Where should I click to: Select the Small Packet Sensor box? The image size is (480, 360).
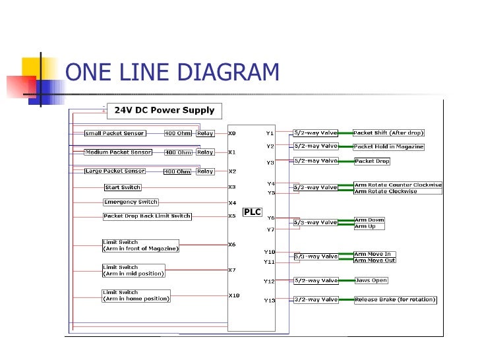pyautogui.click(x=115, y=133)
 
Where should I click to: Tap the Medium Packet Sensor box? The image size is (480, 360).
pyautogui.click(x=118, y=152)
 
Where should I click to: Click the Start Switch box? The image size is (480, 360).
pyautogui.click(x=123, y=187)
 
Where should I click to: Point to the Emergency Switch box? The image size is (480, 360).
pyautogui.click(x=131, y=202)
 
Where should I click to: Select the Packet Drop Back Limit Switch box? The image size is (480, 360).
pyautogui.click(x=147, y=216)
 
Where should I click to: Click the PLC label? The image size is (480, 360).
pyautogui.click(x=253, y=212)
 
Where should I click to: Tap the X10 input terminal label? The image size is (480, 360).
pyautogui.click(x=234, y=295)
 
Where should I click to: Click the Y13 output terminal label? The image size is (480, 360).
pyautogui.click(x=269, y=300)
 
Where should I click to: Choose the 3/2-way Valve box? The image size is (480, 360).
pyautogui.click(x=315, y=299)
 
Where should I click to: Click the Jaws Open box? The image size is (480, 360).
pyautogui.click(x=371, y=280)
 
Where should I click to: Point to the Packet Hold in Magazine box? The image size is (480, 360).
pyautogui.click(x=388, y=146)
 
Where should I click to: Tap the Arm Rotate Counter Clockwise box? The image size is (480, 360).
pyautogui.click(x=398, y=185)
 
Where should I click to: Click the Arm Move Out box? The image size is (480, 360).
pyautogui.click(x=375, y=260)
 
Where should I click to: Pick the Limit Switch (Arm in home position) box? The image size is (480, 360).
pyautogui.click(x=136, y=295)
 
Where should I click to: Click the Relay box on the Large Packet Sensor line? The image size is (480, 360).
pyautogui.click(x=205, y=171)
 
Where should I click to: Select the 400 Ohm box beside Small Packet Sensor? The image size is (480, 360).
pyautogui.click(x=178, y=133)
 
